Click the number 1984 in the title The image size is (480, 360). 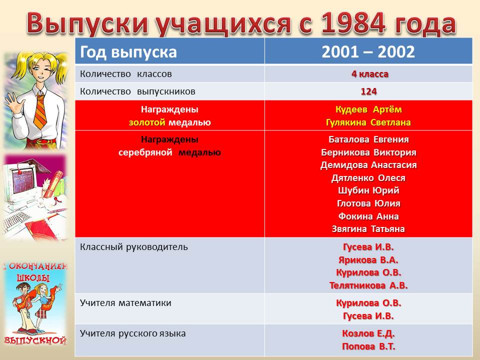[x=352, y=23]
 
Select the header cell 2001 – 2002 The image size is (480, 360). [x=368, y=51]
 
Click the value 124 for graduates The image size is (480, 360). [x=368, y=91]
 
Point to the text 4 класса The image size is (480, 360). [x=370, y=74]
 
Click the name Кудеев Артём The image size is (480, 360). [x=368, y=109]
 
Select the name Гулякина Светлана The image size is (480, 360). [x=368, y=122]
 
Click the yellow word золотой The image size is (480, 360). [x=147, y=122]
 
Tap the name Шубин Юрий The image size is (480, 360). [x=368, y=190]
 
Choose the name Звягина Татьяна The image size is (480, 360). [x=368, y=229]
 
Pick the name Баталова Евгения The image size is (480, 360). [x=368, y=139]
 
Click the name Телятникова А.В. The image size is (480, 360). [x=368, y=285]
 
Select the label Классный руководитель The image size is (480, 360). [x=134, y=247]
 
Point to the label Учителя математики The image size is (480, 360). [x=125, y=303]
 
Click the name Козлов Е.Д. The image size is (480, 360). [x=368, y=333]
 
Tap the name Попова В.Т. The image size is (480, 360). [x=368, y=346]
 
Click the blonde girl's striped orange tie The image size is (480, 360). [x=40, y=111]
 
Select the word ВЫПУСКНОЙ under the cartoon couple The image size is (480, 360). [x=35, y=340]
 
